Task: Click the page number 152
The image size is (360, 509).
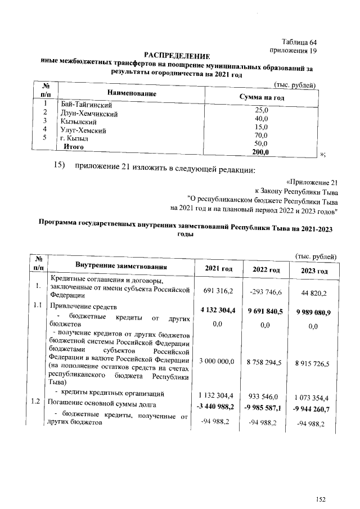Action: pyautogui.click(x=321, y=498)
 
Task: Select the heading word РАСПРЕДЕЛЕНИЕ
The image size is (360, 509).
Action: pyautogui.click(x=177, y=55)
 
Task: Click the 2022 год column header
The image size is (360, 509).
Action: pyautogui.click(x=267, y=270)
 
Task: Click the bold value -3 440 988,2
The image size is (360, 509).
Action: pyautogui.click(x=218, y=406)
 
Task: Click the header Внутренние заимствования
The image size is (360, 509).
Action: pyautogui.click(x=121, y=265)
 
